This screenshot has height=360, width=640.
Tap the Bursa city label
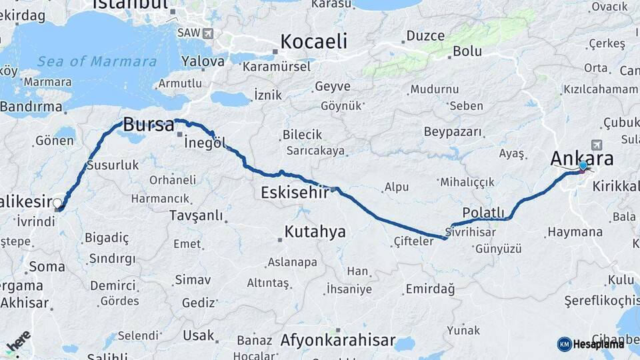coord(149,125)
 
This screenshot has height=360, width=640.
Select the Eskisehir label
coord(295,193)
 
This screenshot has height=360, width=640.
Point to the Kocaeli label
coord(314,41)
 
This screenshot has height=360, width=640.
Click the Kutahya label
coord(315,232)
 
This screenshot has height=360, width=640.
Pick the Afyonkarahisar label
coord(338,340)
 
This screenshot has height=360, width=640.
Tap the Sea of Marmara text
coord(97,62)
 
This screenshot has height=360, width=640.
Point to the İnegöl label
coord(203,143)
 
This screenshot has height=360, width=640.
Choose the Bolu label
coord(467,51)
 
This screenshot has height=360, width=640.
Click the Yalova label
coord(203,61)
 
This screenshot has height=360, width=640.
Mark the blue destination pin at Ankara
coord(583,165)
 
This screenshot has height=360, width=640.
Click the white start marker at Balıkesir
coord(58,204)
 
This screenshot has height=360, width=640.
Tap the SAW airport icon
coord(209,33)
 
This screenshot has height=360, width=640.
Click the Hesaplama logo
coord(591,344)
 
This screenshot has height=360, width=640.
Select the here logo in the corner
coord(18,341)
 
